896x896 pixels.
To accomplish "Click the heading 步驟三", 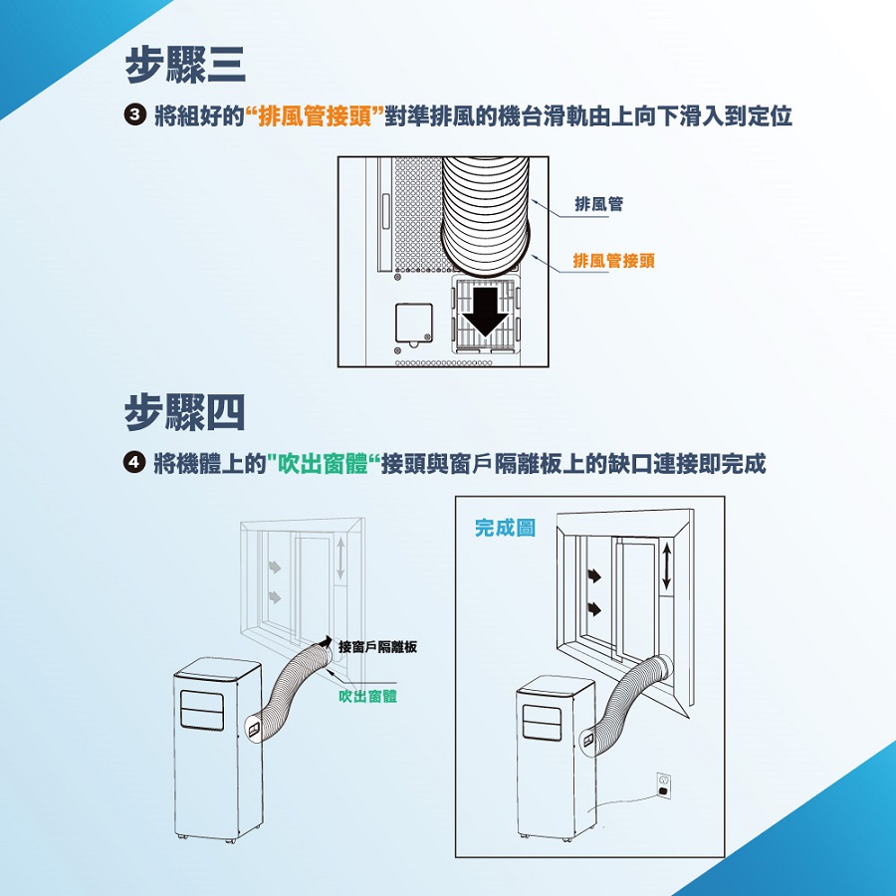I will [185, 66].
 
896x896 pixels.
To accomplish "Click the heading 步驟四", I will [185, 412].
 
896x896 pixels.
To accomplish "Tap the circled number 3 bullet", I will [134, 116].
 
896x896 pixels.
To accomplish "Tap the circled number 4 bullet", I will [134, 464].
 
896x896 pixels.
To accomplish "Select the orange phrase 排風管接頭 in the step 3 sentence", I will [316, 116].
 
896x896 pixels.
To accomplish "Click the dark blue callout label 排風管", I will [599, 203].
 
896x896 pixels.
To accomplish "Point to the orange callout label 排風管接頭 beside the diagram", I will [613, 261].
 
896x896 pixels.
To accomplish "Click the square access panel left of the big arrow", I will [414, 324].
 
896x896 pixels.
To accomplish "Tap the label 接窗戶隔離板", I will [377, 647].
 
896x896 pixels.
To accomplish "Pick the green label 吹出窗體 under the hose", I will [367, 696].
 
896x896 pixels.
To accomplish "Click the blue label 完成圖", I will [505, 528].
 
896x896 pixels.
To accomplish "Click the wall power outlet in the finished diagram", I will [662, 784].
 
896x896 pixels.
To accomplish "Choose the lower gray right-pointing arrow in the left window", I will [274, 595].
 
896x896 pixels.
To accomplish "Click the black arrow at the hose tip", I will [328, 640].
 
